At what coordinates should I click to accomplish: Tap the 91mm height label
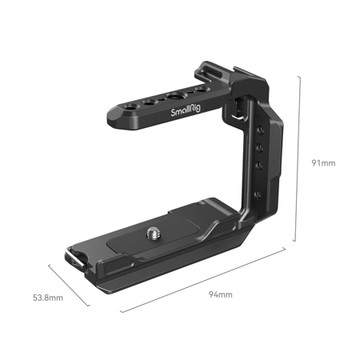click(x=322, y=162)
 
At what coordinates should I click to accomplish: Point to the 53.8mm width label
click(x=47, y=298)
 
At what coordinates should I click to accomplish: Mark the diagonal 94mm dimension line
click(x=204, y=279)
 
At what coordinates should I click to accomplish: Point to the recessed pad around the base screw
click(x=152, y=240)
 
